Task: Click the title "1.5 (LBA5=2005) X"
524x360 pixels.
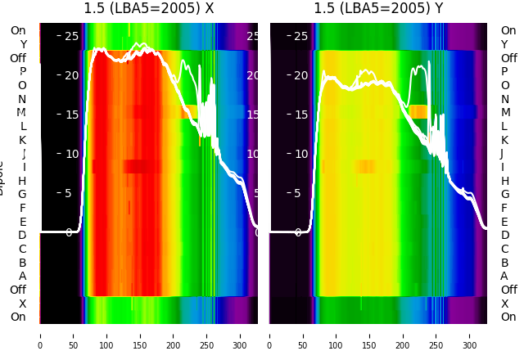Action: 149,9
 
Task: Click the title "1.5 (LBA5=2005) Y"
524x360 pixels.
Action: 378,9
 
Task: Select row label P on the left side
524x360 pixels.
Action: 22,72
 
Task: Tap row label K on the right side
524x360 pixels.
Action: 504,140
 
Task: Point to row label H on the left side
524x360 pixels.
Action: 22,181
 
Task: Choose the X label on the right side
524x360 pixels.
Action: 504,304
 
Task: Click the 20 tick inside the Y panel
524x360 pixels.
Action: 300,75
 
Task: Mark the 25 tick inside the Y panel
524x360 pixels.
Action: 300,36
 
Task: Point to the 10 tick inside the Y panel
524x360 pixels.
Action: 300,154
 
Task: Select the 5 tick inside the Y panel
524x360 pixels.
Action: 304,193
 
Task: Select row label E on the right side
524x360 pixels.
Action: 504,222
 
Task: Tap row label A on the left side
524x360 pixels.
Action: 22,276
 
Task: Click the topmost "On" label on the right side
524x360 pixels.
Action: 508,31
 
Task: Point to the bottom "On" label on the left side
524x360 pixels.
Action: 18,317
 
